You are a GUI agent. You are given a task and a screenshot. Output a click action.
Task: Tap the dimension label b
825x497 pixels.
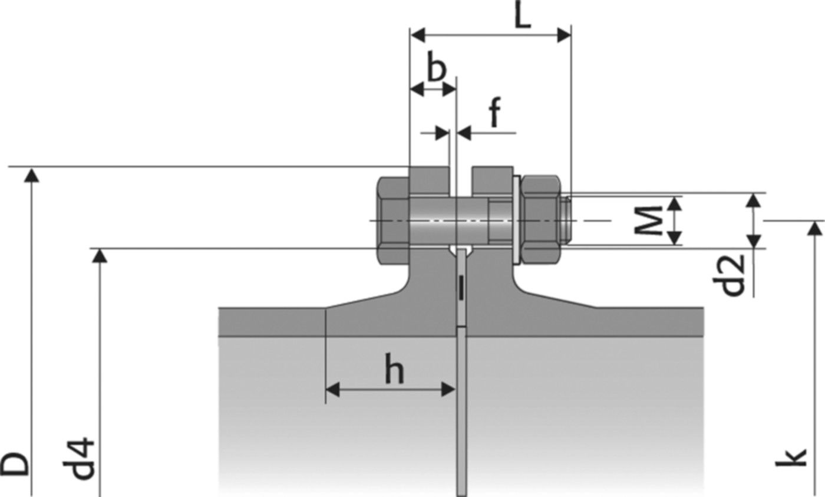435,70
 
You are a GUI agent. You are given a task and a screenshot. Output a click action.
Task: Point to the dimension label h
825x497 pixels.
394,371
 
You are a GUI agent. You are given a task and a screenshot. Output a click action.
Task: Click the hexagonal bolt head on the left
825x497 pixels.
392,220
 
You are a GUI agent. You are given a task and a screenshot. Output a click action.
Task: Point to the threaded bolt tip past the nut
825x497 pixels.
565,219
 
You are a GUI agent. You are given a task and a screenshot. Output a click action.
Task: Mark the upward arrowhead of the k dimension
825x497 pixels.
815,227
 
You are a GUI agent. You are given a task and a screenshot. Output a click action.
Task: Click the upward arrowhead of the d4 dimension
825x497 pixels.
101,254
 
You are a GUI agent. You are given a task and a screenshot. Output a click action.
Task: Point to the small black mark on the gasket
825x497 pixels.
462,288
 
